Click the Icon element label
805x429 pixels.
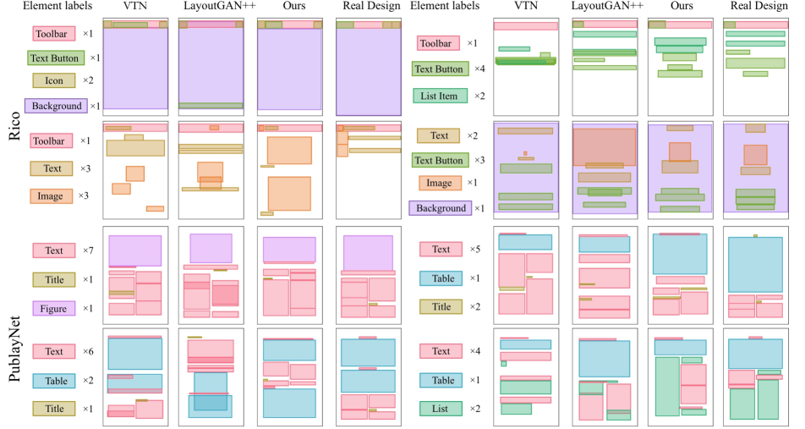point(53,81)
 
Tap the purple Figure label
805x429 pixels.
point(54,308)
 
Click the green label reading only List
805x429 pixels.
point(441,409)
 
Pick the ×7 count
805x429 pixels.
point(89,250)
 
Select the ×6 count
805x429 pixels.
point(89,351)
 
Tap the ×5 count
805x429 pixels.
point(475,250)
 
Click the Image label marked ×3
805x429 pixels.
point(52,196)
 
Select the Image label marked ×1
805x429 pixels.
point(440,183)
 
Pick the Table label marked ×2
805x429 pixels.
point(54,381)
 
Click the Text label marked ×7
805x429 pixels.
point(54,250)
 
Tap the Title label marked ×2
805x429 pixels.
point(441,307)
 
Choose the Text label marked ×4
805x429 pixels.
point(441,351)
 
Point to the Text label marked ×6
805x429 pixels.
point(54,351)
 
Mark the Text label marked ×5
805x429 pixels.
point(441,250)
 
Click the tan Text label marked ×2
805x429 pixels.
point(439,135)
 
